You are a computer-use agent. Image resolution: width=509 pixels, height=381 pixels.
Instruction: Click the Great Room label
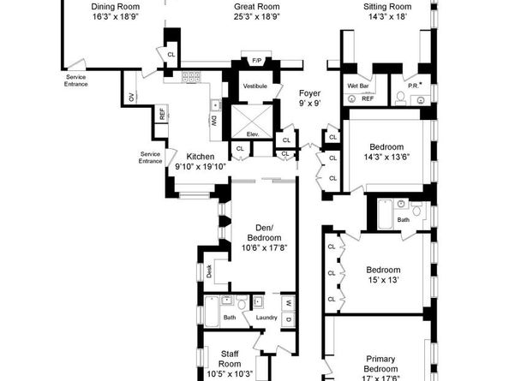click(x=255, y=6)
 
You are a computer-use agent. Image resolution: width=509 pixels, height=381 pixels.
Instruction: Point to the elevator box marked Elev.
click(x=253, y=134)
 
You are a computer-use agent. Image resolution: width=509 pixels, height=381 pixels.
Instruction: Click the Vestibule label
click(x=255, y=86)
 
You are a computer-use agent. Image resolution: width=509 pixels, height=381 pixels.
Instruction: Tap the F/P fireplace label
click(x=256, y=61)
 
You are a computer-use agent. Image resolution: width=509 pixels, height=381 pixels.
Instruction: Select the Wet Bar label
click(x=358, y=86)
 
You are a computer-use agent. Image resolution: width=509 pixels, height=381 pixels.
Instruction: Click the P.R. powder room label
click(x=413, y=86)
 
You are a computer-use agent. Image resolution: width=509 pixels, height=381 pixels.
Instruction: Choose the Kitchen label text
click(x=200, y=157)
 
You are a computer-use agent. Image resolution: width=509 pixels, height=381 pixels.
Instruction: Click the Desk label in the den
click(x=209, y=271)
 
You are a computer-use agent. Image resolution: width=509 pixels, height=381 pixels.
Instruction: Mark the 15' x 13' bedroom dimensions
click(x=384, y=280)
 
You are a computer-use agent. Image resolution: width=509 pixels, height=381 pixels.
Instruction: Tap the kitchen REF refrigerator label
click(x=162, y=114)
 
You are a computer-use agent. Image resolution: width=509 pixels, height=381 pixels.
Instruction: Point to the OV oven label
click(x=131, y=97)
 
